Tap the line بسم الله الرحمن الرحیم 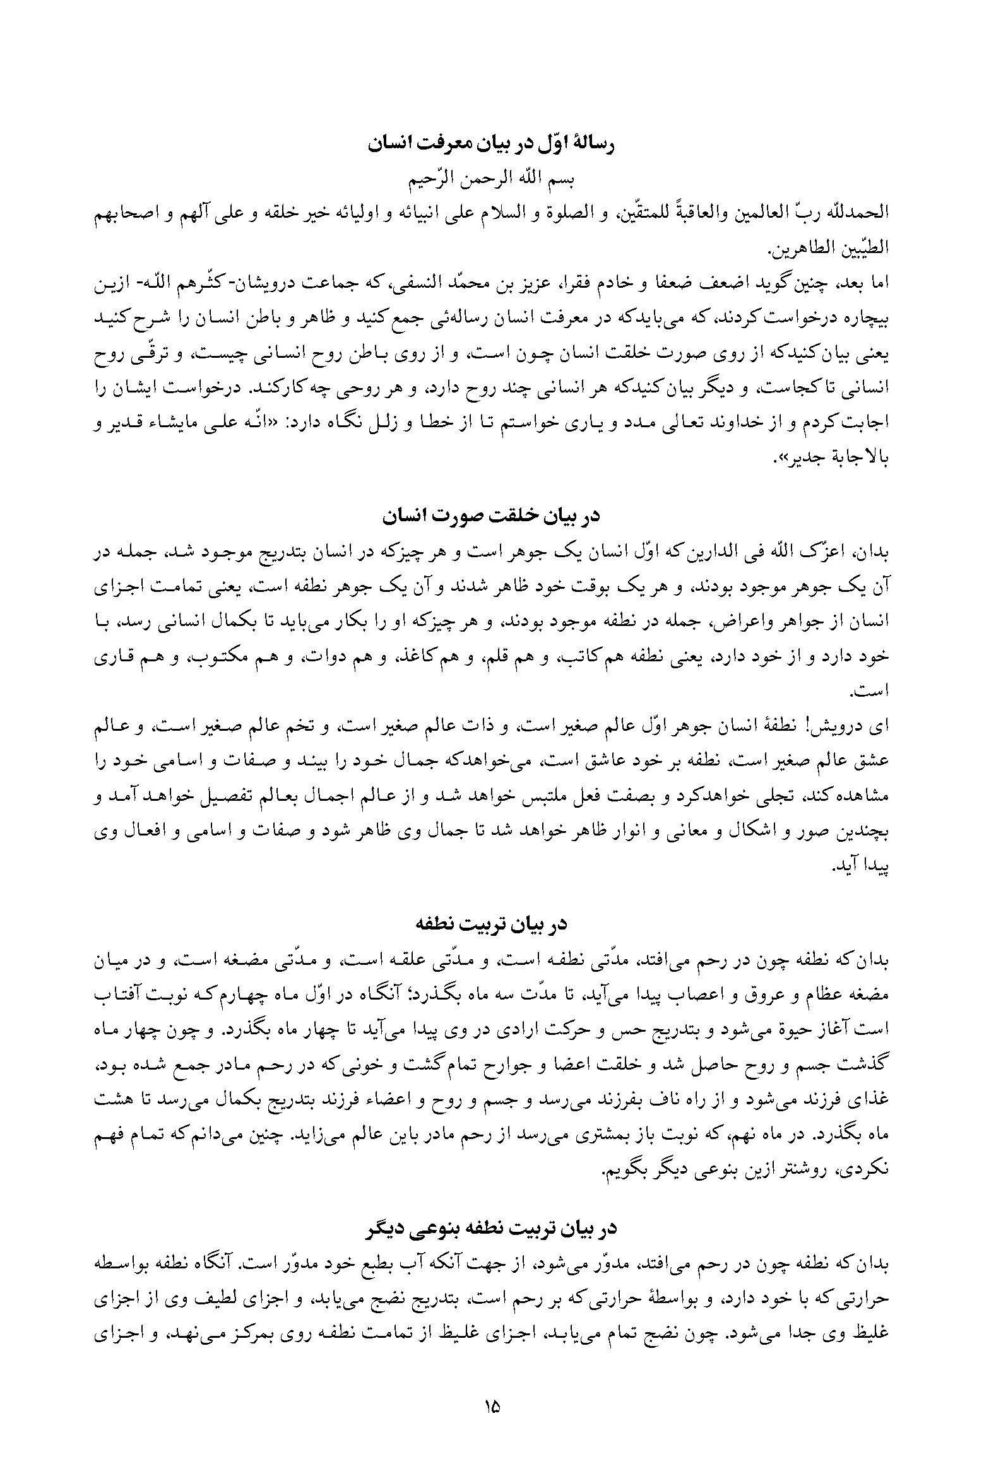(x=492, y=179)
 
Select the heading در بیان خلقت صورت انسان (x=492, y=516)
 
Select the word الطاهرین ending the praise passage (x=798, y=249)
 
